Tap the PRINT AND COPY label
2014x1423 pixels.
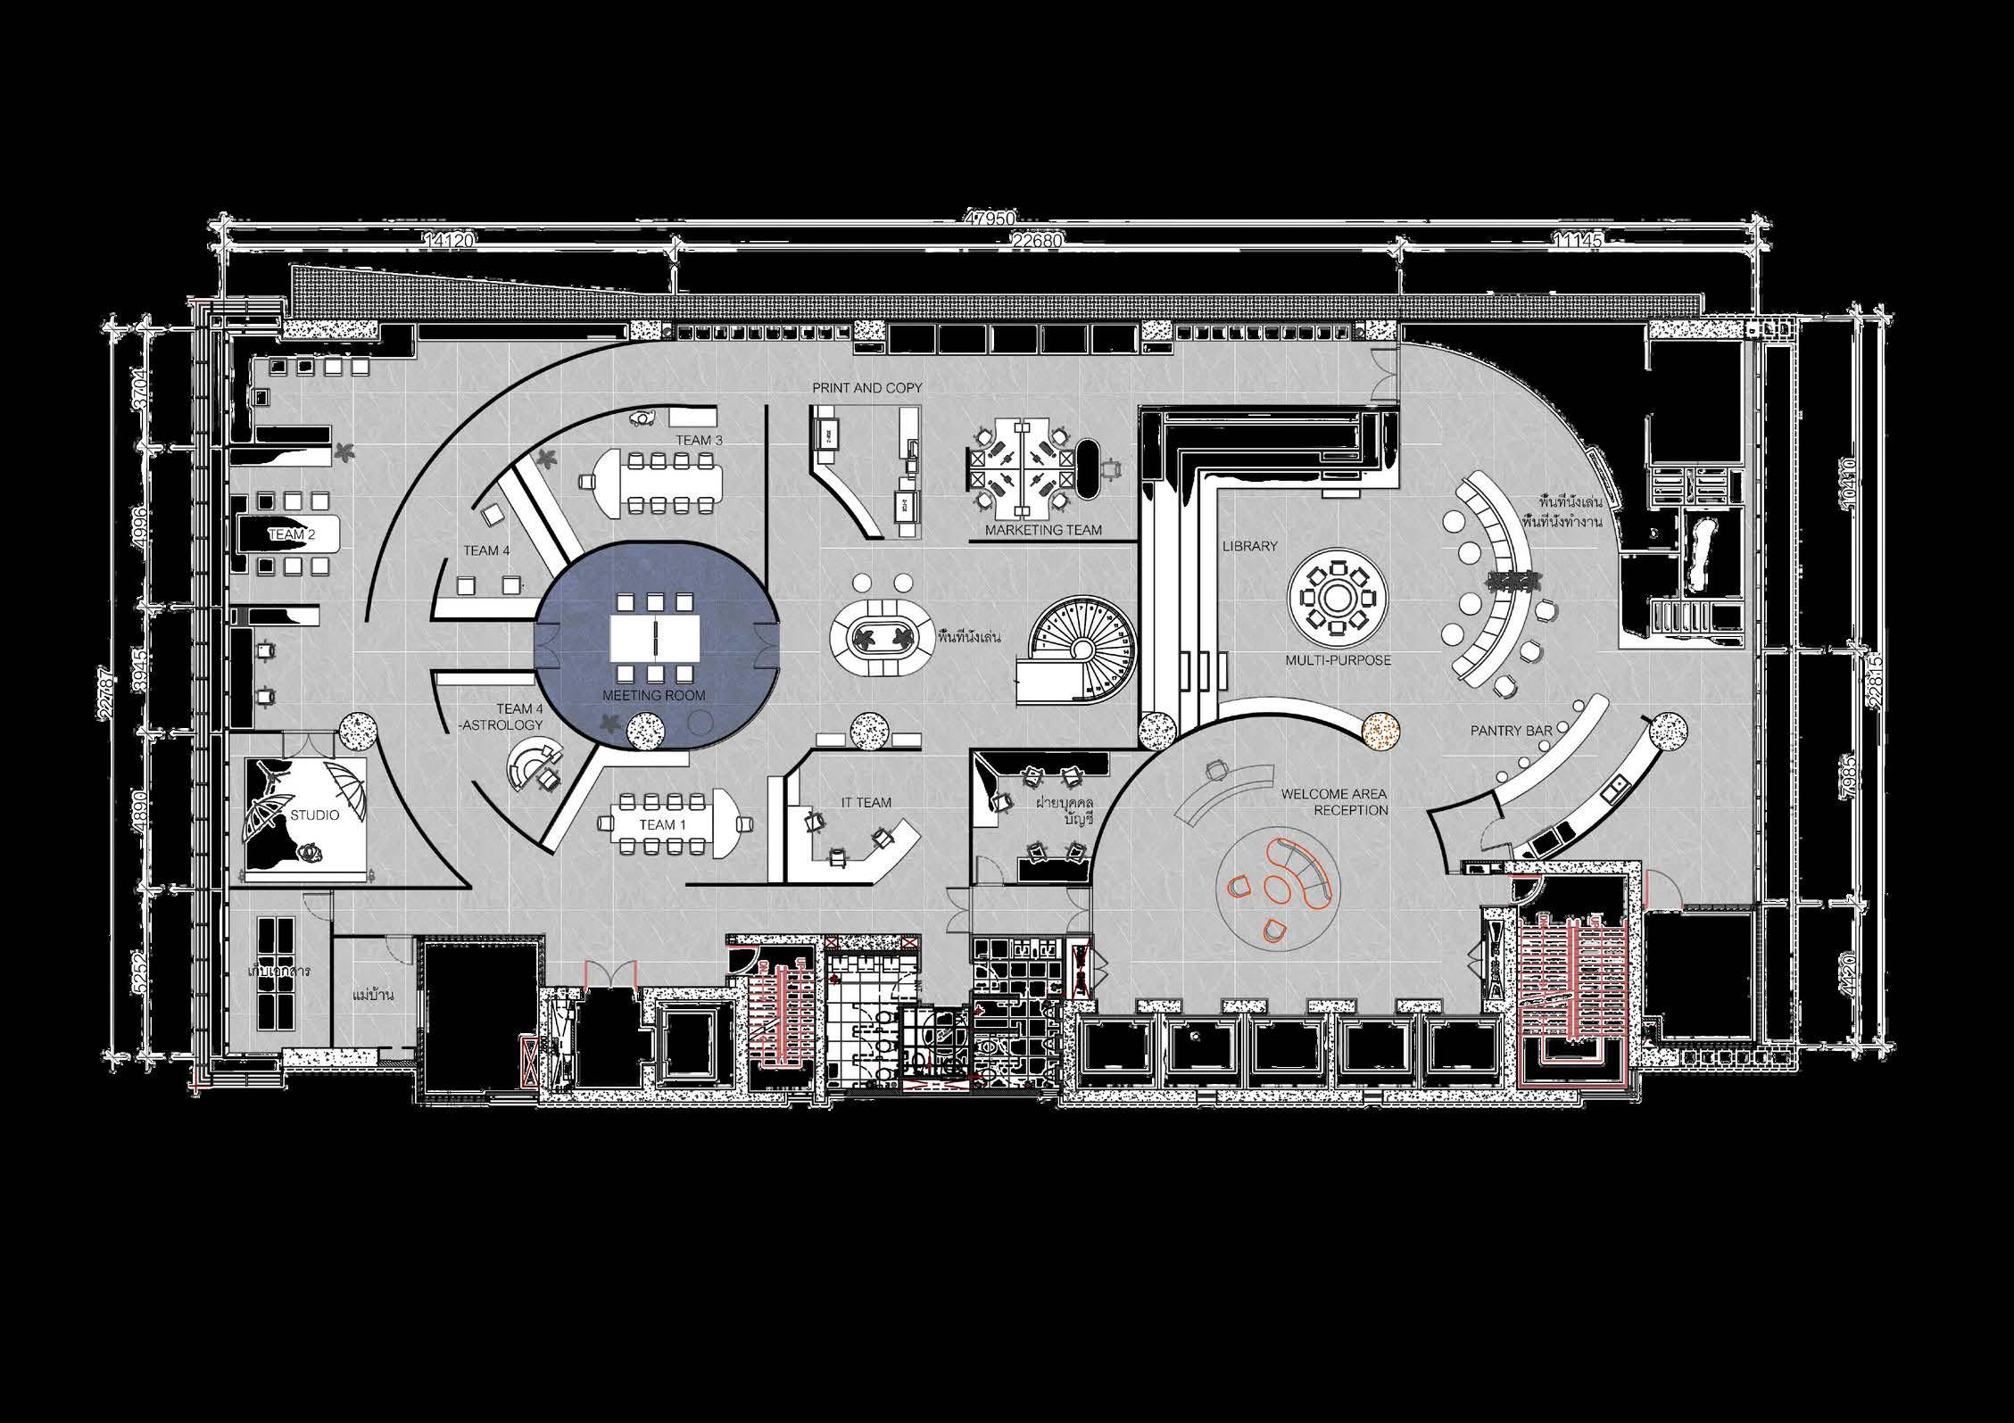click(866, 388)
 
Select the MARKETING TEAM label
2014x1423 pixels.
click(1042, 530)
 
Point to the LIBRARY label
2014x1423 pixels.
click(1249, 545)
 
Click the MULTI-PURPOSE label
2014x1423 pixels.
click(1338, 660)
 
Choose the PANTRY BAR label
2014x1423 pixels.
click(1512, 731)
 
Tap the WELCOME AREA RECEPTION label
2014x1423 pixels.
click(1334, 802)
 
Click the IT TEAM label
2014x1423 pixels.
click(866, 802)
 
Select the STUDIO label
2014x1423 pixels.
click(314, 815)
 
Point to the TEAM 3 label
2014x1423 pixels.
click(699, 441)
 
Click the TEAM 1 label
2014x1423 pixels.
click(662, 824)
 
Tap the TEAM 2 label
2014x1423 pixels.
click(292, 534)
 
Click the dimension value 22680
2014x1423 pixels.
click(1034, 239)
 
